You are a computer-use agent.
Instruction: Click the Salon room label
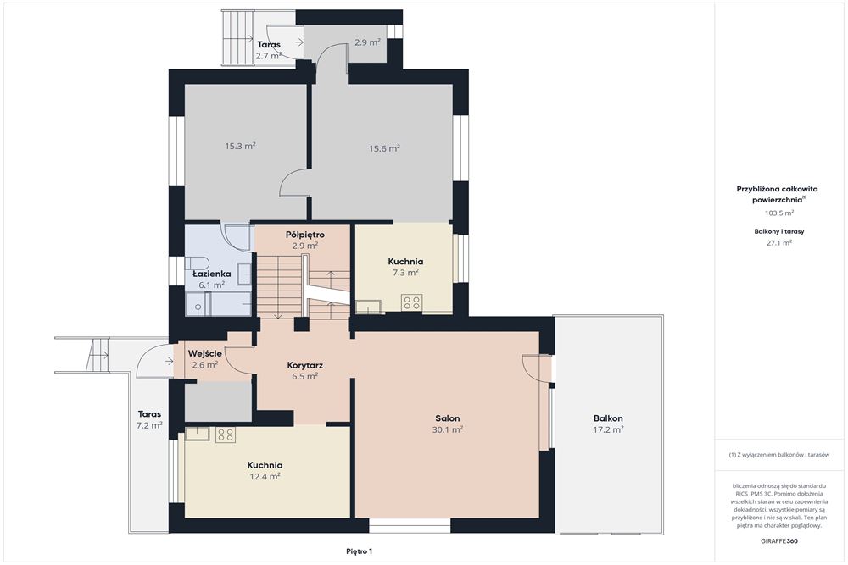pos(447,418)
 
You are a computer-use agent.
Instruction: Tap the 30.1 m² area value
pos(447,430)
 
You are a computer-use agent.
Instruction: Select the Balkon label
pos(608,418)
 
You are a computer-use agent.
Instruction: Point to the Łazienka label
pos(212,274)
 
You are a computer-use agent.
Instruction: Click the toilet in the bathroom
pos(197,263)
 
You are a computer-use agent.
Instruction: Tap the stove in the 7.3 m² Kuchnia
pos(411,302)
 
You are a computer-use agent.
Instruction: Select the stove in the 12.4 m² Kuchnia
pos(225,435)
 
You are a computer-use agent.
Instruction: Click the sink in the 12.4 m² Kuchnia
pos(197,434)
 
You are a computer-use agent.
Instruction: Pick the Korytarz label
pos(305,366)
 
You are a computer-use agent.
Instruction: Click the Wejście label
pos(205,354)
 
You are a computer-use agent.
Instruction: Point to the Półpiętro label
pos(305,235)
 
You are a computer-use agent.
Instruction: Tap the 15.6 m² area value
pos(384,148)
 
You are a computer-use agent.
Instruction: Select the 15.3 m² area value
pos(240,146)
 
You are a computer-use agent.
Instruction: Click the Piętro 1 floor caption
pos(360,551)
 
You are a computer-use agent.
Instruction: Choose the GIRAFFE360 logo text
pos(778,540)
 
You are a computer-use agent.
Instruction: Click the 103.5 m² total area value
pos(778,213)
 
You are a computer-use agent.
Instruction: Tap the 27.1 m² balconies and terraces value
pos(778,242)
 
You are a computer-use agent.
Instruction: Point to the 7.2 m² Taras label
pos(149,419)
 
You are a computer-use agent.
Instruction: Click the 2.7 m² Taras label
pos(269,50)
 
